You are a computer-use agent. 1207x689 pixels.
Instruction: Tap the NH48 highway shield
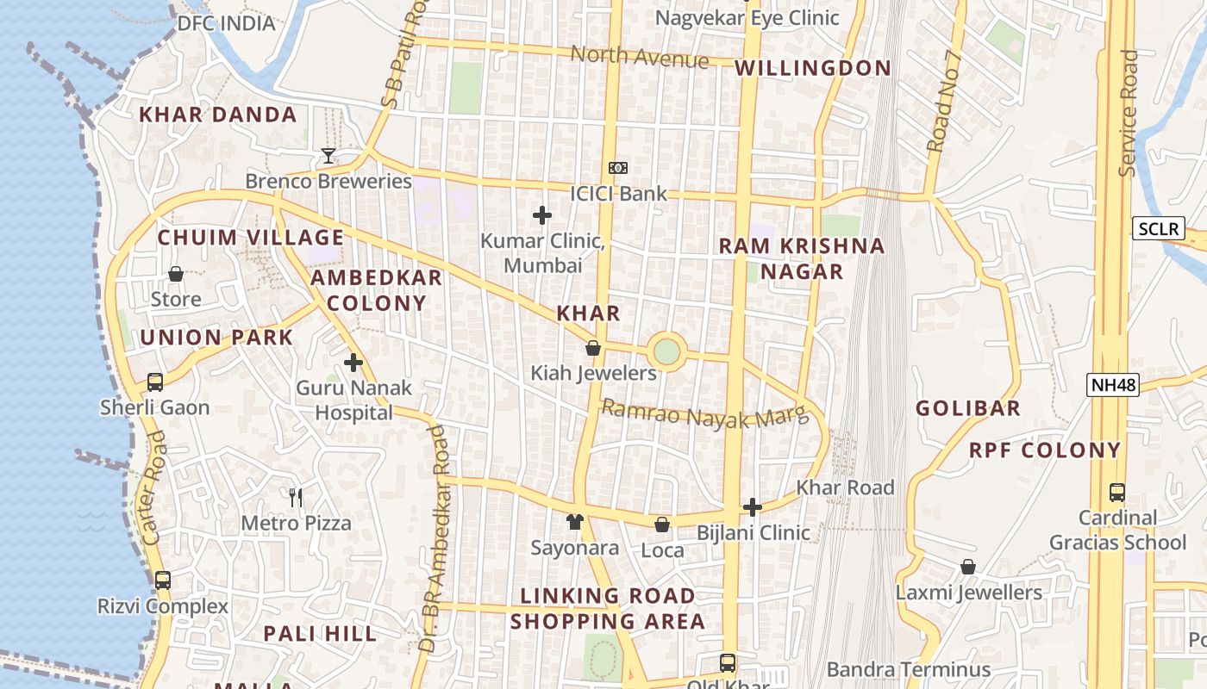click(1113, 385)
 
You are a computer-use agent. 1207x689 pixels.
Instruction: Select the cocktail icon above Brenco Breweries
click(328, 156)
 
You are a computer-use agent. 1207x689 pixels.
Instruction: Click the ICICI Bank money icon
click(618, 168)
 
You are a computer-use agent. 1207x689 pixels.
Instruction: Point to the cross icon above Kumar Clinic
click(542, 214)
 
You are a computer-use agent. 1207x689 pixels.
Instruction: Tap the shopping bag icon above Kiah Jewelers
click(593, 348)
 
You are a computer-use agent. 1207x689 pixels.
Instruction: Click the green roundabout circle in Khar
click(666, 351)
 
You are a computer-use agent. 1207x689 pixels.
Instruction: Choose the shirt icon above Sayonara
click(575, 521)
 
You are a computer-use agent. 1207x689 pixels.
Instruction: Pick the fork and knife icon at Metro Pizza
click(296, 497)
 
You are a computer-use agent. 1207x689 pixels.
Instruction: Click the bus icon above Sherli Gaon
click(155, 382)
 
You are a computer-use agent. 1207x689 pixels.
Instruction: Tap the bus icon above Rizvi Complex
click(163, 580)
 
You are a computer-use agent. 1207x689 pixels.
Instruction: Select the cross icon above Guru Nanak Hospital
click(353, 363)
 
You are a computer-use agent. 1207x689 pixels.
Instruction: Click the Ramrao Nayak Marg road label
click(705, 413)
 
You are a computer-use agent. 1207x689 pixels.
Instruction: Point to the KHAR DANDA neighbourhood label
click(218, 115)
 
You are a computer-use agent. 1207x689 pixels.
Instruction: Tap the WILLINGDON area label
click(813, 68)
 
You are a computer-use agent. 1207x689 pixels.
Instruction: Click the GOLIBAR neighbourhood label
click(968, 408)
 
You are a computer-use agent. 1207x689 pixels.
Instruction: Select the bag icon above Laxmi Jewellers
click(968, 567)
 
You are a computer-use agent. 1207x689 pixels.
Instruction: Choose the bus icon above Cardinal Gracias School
click(1117, 493)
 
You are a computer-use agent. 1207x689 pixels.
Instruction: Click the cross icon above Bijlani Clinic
click(753, 507)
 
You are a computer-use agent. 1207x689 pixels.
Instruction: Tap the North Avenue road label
click(640, 57)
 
